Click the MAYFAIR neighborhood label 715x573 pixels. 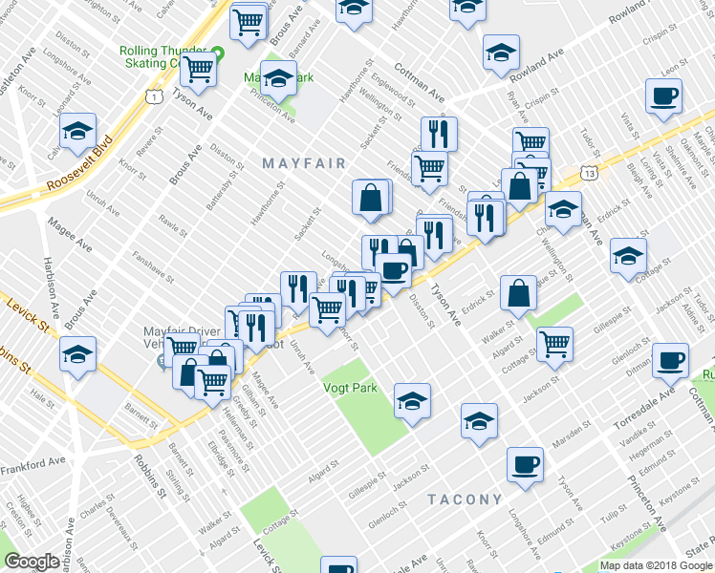[304, 163]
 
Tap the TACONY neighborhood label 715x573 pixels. [465, 499]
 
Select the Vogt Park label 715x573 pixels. [350, 388]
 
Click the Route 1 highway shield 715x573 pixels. [152, 96]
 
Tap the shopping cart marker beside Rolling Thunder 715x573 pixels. [198, 68]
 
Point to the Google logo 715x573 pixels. [32, 562]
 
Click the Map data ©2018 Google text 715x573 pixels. [655, 565]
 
